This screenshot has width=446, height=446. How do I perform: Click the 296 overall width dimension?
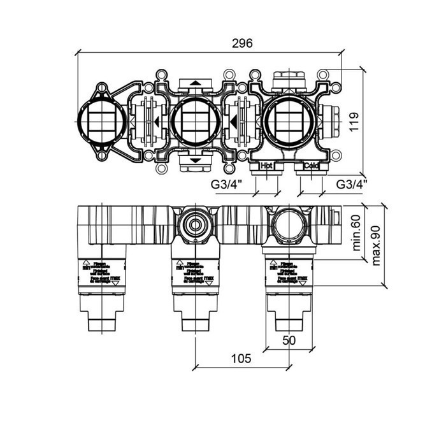click(242, 44)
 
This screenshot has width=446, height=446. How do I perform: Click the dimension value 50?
click(289, 342)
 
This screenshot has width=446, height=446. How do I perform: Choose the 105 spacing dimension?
click(241, 359)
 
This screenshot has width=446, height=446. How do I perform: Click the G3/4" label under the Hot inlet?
click(226, 184)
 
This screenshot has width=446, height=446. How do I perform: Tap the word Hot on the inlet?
click(266, 166)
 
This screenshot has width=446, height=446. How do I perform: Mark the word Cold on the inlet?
click(311, 166)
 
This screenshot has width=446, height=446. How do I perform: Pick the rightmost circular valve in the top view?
click(288, 121)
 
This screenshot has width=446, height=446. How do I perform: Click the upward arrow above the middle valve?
click(193, 83)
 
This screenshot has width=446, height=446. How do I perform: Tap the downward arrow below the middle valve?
click(193, 161)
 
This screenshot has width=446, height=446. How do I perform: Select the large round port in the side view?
click(288, 222)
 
